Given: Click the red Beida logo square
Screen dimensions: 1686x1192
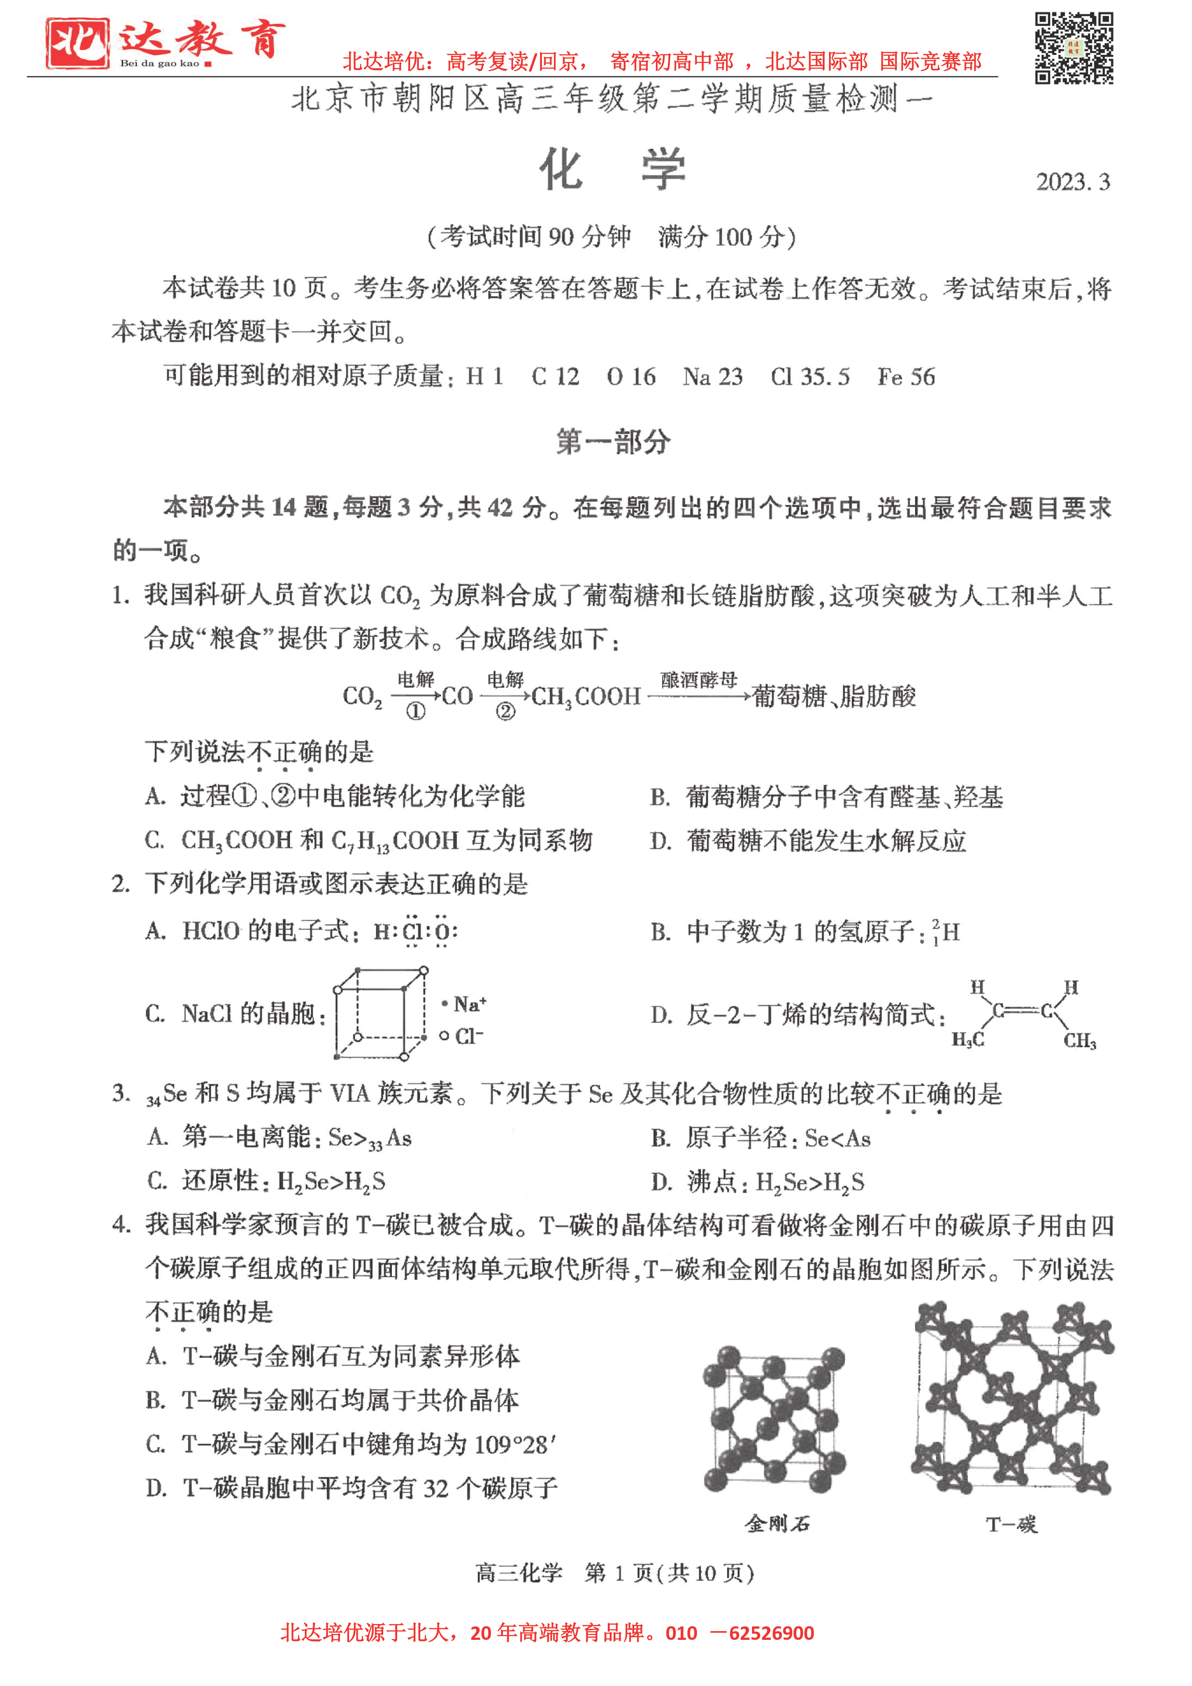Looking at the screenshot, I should click(77, 43).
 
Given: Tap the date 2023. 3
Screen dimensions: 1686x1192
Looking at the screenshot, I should click(1072, 182).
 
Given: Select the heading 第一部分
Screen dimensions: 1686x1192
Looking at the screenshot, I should click(613, 442).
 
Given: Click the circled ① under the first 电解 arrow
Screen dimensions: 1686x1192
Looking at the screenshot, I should click(416, 711).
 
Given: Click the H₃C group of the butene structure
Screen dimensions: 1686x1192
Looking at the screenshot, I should click(968, 1040).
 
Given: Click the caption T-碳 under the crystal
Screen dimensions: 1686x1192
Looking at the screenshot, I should click(1011, 1525).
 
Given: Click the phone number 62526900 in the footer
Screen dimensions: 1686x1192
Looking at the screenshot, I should click(771, 1633).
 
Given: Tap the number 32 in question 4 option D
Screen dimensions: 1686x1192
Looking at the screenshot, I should click(436, 1488).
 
